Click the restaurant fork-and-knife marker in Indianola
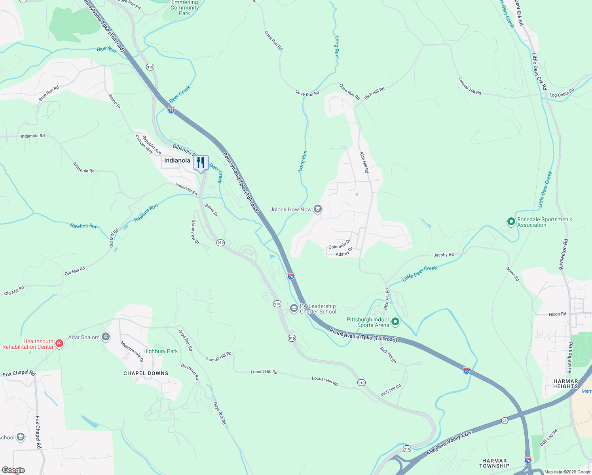click(201, 163)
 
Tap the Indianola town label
click(177, 160)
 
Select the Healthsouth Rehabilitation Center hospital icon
click(59, 343)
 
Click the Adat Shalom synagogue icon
click(105, 337)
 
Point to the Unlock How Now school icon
click(317, 209)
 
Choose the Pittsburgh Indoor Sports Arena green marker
click(395, 322)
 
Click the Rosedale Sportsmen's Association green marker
click(511, 222)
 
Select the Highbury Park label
click(160, 351)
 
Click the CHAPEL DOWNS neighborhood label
click(146, 373)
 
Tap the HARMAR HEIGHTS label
click(565, 384)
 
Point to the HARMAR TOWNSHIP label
click(494, 463)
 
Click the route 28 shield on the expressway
click(504, 420)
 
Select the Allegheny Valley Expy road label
click(449, 443)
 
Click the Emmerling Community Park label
click(184, 8)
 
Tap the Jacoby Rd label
click(443, 255)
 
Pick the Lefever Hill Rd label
click(470, 86)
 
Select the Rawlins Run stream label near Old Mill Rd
click(146, 213)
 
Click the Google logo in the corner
click(13, 470)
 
